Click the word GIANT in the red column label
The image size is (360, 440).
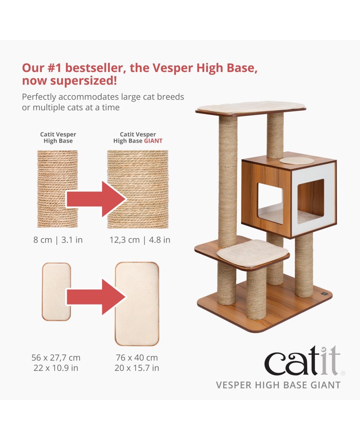153,141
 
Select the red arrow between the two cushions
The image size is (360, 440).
96,297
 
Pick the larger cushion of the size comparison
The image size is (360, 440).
137,304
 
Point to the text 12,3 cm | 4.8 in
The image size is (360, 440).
140,240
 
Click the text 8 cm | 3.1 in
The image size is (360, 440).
58,240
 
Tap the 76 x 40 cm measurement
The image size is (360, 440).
137,358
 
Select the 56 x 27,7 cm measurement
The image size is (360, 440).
56,358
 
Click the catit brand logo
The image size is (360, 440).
303,361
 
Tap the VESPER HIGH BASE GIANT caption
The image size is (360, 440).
278,385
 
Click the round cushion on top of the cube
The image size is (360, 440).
297,161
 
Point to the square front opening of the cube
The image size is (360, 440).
270,203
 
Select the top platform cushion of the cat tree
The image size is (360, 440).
250,107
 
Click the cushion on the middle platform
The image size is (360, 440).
252,253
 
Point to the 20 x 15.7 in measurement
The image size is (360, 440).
137,368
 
